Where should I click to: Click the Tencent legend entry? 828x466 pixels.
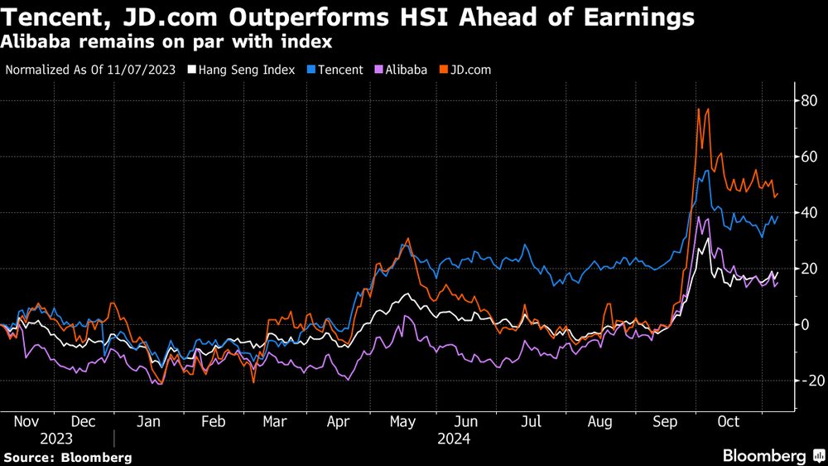coord(335,70)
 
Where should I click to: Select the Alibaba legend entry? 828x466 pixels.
coord(401,70)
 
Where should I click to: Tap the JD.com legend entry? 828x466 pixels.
coord(465,70)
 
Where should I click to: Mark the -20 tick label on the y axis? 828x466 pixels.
coord(806,380)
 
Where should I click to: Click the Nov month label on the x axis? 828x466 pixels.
coord(28,422)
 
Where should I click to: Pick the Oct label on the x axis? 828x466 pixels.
coord(729,422)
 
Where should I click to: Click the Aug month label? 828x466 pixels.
coord(600,422)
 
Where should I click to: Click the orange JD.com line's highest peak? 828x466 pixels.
coord(699,109)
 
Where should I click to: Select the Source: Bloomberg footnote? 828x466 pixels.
coord(67,457)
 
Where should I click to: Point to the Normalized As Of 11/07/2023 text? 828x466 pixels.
coord(90,70)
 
